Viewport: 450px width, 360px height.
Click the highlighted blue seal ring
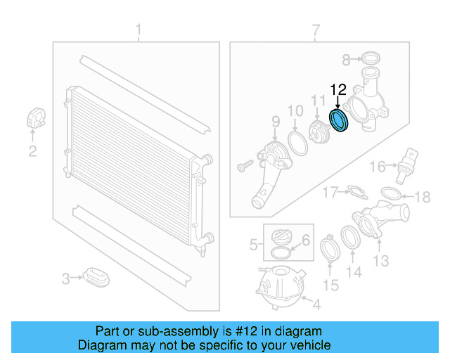[x=340, y=120]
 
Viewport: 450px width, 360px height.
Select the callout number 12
[x=338, y=89]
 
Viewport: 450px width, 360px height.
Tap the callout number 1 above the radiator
[x=139, y=30]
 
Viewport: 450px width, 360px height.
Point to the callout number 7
[x=316, y=30]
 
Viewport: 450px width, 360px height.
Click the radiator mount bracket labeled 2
[x=35, y=118]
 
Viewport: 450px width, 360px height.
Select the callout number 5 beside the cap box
[x=253, y=245]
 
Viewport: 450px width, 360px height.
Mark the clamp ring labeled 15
[x=330, y=250]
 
